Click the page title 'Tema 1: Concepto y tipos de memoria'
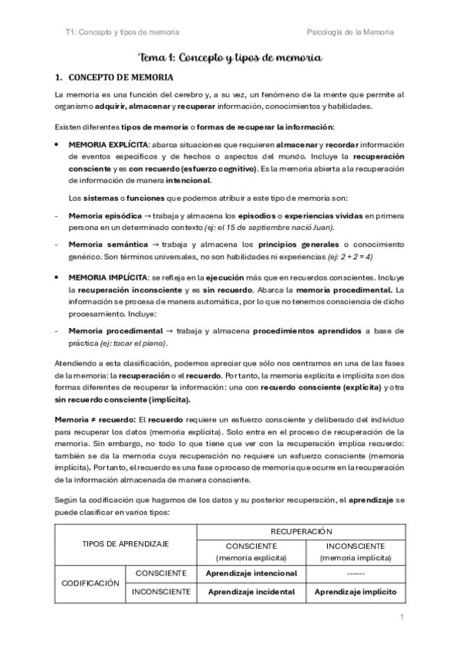tap(229, 58)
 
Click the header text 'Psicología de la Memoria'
tap(350, 32)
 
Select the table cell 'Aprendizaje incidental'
tap(251, 592)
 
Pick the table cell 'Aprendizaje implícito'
tap(355, 592)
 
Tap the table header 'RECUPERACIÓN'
tap(303, 531)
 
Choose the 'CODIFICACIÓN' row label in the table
tap(90, 583)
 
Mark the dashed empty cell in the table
tap(355, 573)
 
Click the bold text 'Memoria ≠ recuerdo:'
tap(93, 421)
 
